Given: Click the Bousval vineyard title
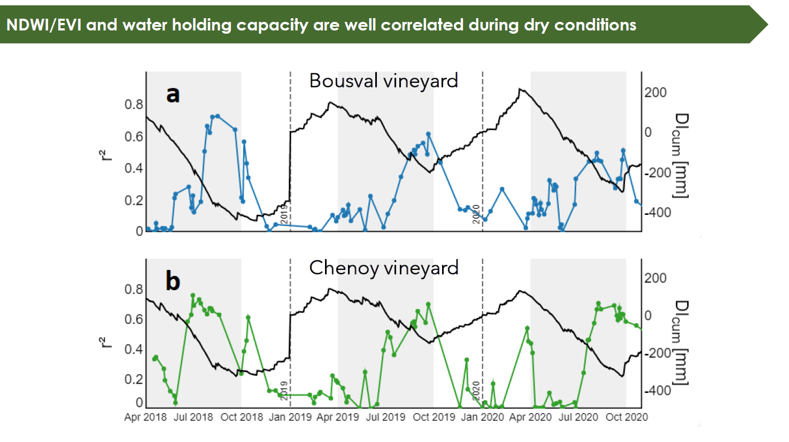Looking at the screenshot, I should click(x=383, y=81).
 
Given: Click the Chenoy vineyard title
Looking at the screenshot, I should click(x=383, y=268).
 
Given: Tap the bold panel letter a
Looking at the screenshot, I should click(x=173, y=94).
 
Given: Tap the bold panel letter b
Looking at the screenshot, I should click(x=173, y=281).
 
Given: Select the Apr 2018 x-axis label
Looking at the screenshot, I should click(x=145, y=417).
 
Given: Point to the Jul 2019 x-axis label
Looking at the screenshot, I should click(x=385, y=417).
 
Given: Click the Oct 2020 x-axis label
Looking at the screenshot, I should click(x=626, y=417).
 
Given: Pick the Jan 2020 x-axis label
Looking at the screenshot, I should click(x=482, y=417).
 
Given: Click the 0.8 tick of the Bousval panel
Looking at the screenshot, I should click(x=134, y=104).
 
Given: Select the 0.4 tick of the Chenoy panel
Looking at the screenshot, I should click(x=134, y=349).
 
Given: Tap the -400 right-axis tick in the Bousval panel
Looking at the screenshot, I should click(x=657, y=213).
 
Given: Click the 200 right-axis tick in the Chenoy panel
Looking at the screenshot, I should click(x=655, y=278).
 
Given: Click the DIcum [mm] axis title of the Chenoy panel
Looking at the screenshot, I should click(x=679, y=342).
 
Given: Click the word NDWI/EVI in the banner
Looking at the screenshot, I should click(x=44, y=25).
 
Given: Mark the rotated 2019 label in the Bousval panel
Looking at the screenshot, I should click(x=284, y=213).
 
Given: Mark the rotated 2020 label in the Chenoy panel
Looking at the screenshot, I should click(x=476, y=391).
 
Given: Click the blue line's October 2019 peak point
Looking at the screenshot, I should click(x=428, y=134).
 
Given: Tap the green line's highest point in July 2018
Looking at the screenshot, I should click(x=192, y=295).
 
